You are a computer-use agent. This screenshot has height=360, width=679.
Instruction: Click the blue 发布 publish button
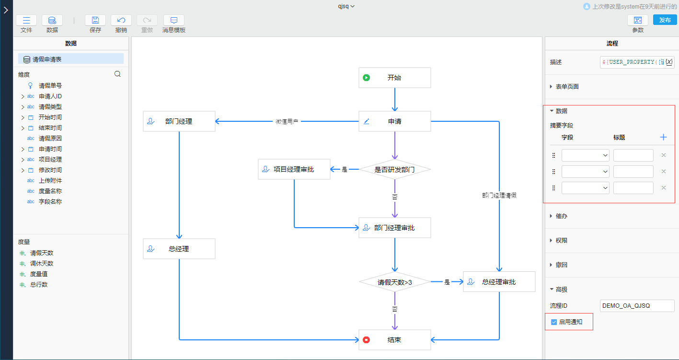665,20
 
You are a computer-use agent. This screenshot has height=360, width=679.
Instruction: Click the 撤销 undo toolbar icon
121,20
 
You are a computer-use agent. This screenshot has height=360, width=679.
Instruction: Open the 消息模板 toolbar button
174,20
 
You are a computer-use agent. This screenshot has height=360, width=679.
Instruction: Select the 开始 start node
394,78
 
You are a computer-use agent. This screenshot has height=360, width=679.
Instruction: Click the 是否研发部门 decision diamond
394,170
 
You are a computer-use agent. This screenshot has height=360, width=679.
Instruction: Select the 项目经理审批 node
294,169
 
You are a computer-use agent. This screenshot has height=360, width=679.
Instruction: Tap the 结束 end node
394,340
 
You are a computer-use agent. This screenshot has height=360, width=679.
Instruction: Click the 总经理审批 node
499,282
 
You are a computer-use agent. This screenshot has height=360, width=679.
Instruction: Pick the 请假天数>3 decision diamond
394,282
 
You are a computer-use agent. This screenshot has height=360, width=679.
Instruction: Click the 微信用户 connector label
287,122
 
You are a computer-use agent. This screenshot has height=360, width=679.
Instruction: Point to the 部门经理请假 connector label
499,196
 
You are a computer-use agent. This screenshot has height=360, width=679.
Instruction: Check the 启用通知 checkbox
554,322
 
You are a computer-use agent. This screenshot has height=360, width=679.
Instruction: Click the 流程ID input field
636,306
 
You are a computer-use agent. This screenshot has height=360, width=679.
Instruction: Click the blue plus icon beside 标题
663,138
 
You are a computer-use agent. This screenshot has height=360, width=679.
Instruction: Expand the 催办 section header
561,216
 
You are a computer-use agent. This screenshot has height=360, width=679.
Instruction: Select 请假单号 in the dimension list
50,86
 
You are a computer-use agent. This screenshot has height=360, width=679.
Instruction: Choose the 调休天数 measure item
42,264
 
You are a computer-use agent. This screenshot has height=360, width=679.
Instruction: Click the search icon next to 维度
117,74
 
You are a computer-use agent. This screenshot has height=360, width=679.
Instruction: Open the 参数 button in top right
638,20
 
